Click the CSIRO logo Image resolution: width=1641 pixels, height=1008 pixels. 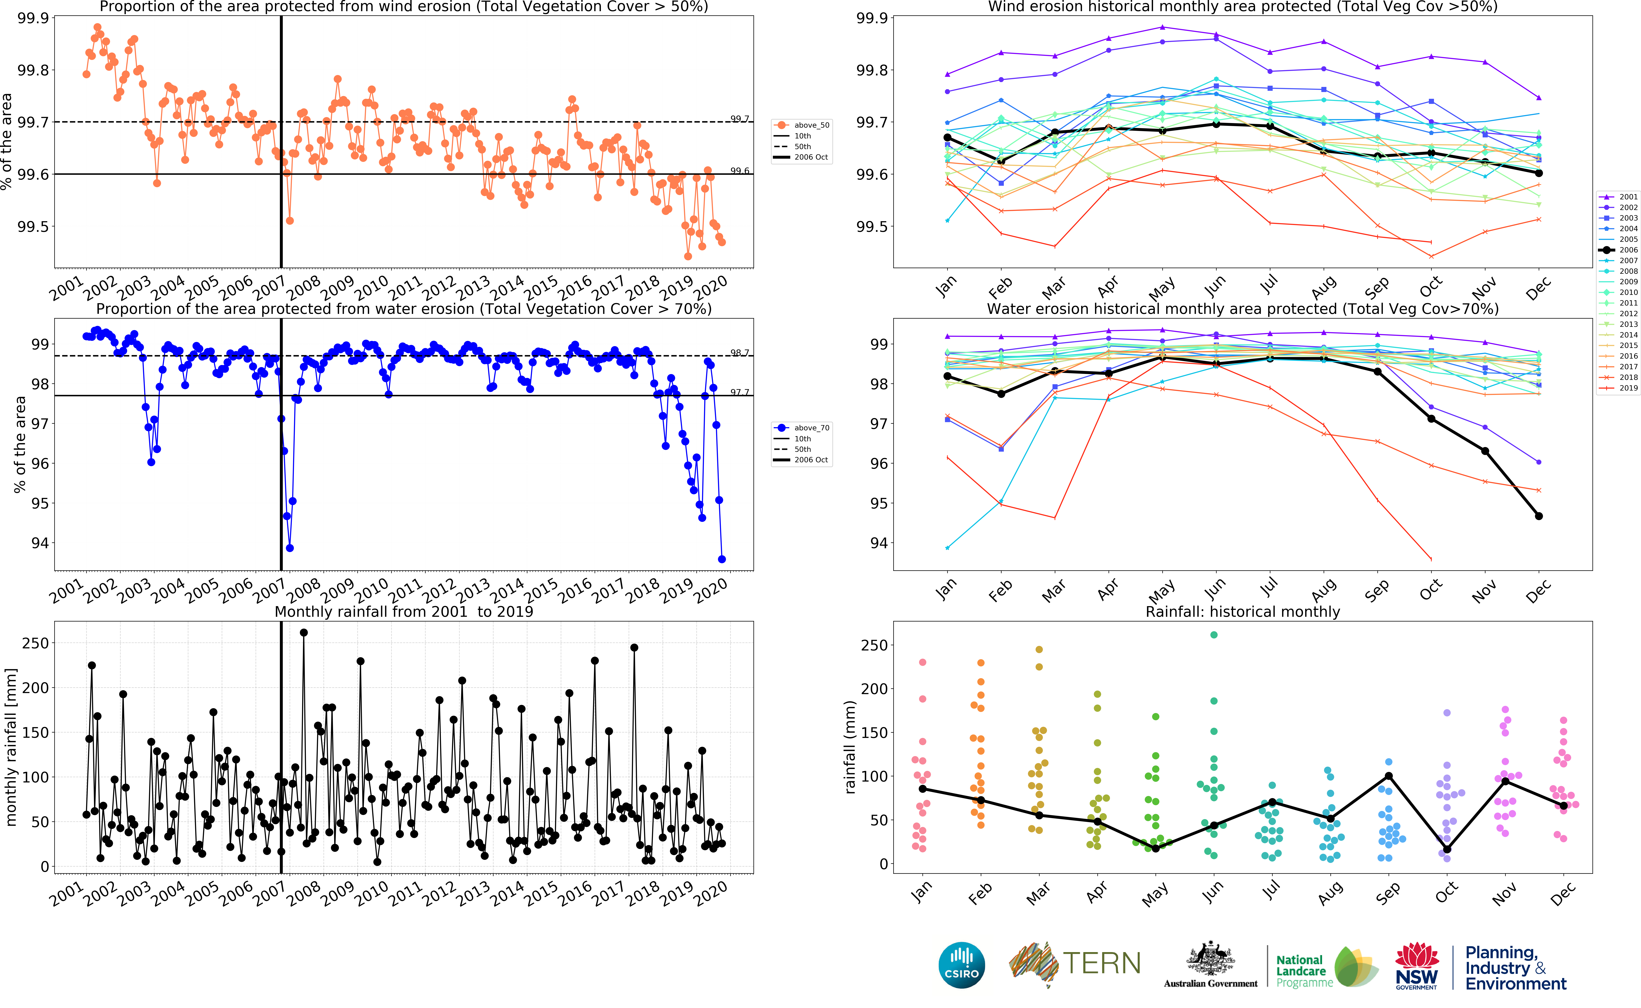click(x=961, y=965)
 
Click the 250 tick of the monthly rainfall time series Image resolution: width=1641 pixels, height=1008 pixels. click(x=35, y=643)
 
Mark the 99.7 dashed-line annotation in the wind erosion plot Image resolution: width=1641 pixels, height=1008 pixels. click(x=739, y=119)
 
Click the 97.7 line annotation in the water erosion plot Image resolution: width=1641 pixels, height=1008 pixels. click(x=739, y=392)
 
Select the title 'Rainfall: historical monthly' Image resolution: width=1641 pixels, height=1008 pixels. click(x=1242, y=611)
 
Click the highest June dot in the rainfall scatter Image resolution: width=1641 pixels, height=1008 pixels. click(x=1214, y=635)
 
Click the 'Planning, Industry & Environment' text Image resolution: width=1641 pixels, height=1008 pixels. click(x=1515, y=968)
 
